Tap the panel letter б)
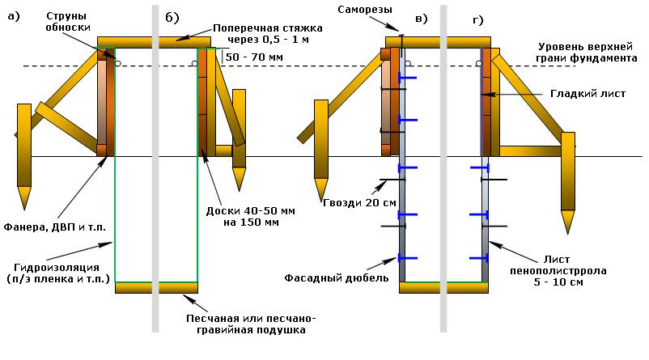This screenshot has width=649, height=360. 172,18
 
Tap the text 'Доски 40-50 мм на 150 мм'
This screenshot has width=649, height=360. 248,216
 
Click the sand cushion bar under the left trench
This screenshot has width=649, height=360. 156,287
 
